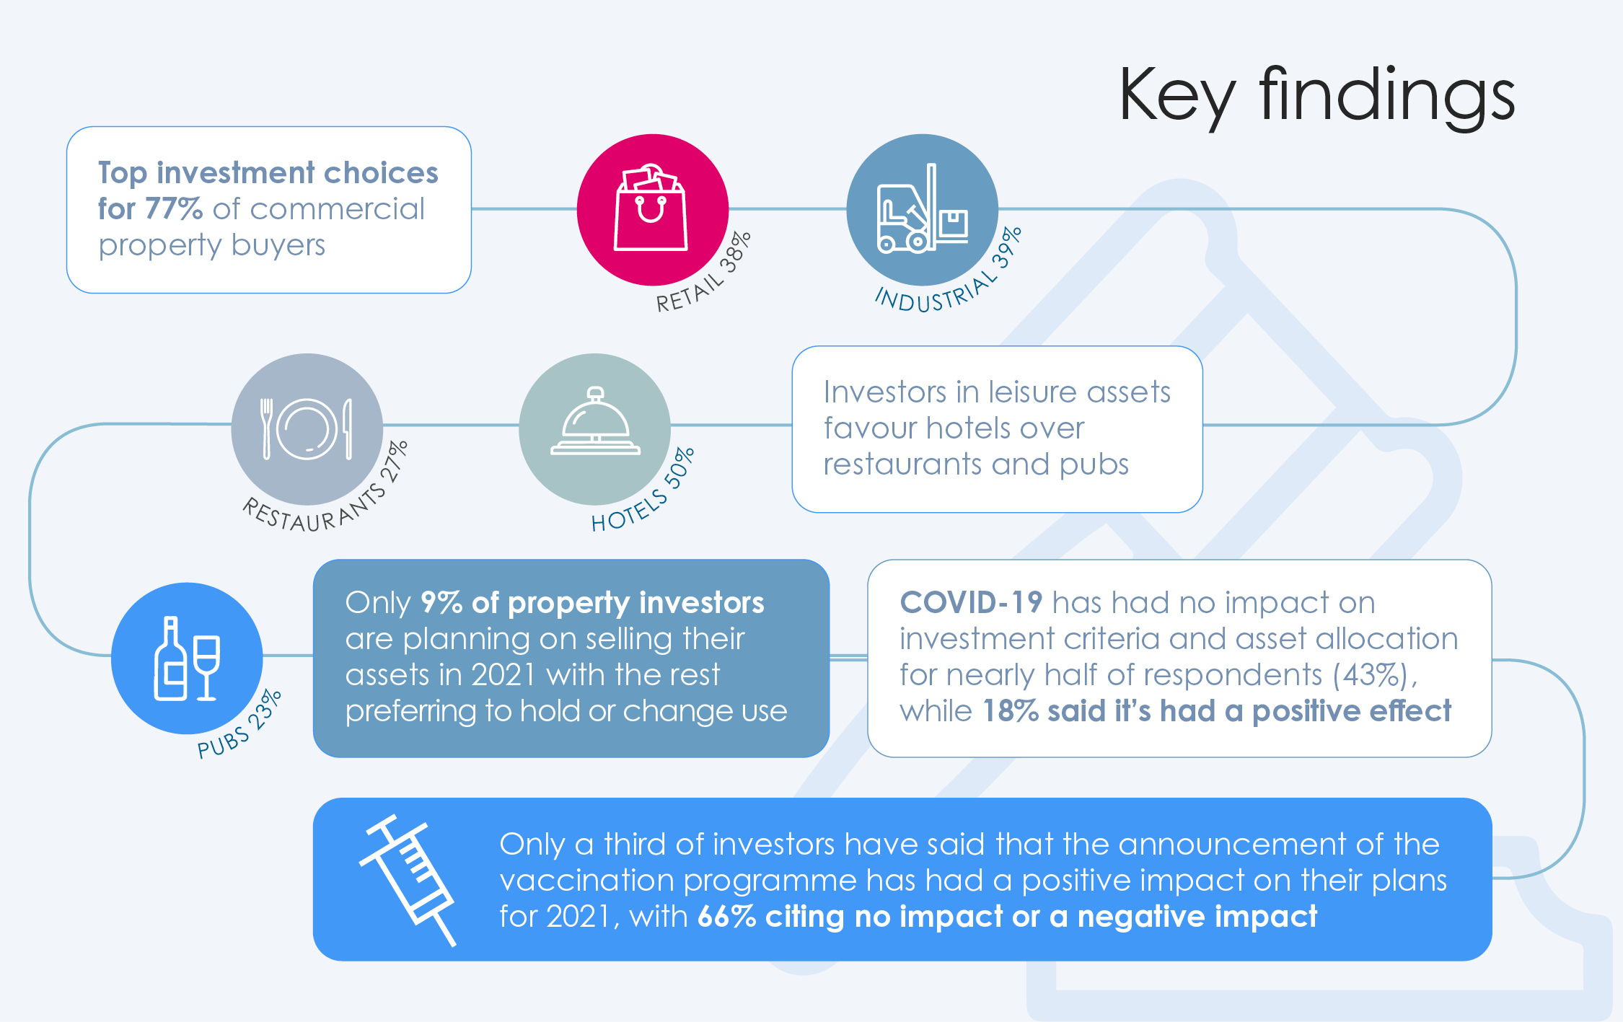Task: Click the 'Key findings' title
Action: click(x=1316, y=97)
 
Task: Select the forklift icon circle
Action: click(x=922, y=209)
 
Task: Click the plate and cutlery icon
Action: click(x=307, y=429)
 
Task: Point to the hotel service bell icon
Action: click(x=595, y=421)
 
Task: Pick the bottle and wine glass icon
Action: click(x=187, y=658)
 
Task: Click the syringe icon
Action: click(x=408, y=880)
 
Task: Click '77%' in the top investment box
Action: click(x=174, y=209)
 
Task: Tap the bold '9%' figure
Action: click(x=441, y=603)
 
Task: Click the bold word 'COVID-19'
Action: click(x=971, y=602)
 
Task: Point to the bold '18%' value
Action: click(x=1011, y=711)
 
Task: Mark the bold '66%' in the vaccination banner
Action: click(x=726, y=917)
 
